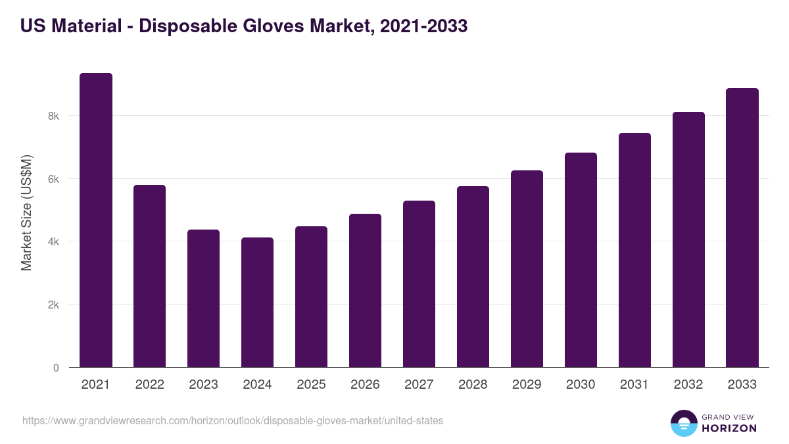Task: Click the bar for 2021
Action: click(96, 220)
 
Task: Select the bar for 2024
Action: click(257, 303)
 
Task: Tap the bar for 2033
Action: click(742, 228)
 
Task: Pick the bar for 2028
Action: click(473, 277)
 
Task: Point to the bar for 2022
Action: click(150, 276)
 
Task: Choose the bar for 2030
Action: click(581, 260)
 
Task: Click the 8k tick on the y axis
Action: click(53, 116)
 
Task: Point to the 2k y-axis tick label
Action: click(53, 305)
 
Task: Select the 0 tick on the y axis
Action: click(56, 368)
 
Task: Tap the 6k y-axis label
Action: click(53, 179)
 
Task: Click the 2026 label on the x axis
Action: click(365, 385)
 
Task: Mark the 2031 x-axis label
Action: click(634, 385)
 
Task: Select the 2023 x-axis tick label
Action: click(203, 385)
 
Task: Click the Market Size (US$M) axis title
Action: click(26, 212)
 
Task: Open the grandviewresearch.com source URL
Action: click(233, 420)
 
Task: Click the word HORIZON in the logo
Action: click(729, 428)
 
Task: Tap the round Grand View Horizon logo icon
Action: click(684, 423)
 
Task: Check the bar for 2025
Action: click(311, 297)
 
